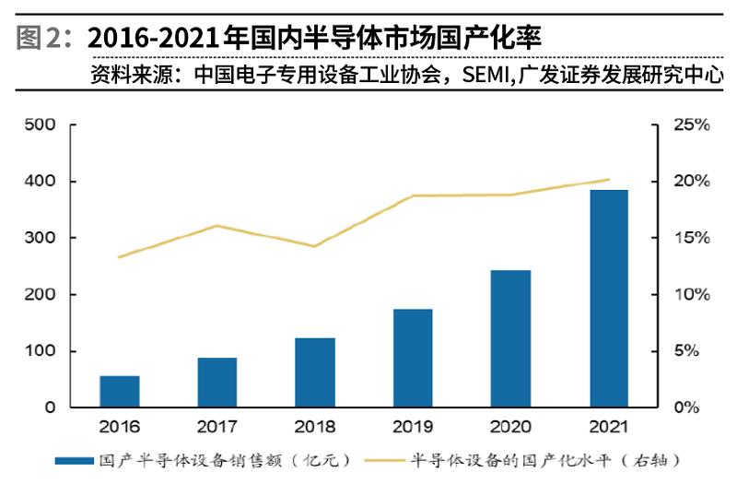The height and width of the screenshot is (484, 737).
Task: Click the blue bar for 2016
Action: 120,391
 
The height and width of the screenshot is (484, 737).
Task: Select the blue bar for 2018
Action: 315,372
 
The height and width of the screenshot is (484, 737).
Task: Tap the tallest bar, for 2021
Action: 608,298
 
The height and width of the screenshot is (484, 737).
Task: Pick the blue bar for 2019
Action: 413,358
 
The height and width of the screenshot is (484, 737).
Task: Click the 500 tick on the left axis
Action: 39,125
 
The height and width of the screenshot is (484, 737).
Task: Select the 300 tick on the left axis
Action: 39,238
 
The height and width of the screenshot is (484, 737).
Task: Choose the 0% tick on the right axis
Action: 692,407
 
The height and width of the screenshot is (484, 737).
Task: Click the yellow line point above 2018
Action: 315,246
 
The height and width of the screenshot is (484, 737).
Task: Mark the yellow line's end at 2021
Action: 608,180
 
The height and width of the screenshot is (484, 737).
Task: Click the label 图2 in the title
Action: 39,38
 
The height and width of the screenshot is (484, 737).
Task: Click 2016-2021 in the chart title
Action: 153,38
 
